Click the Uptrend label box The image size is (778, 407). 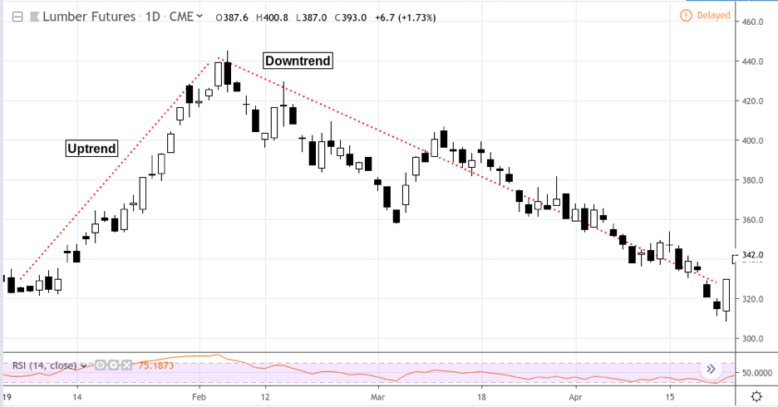coord(91,149)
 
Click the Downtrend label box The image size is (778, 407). coord(298,61)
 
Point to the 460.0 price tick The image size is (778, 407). coord(752,22)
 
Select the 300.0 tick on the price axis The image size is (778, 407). coord(752,339)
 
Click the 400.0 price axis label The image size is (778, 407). coord(752,140)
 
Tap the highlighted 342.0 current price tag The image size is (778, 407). coord(752,255)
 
